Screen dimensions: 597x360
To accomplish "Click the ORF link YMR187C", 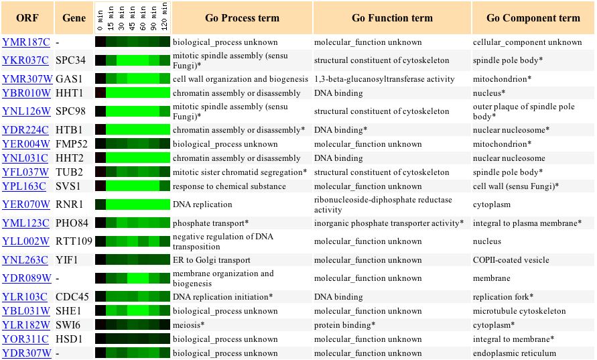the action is click(26, 42).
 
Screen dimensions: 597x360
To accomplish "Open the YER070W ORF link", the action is click(26, 204).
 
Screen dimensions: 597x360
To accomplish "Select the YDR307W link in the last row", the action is click(27, 353).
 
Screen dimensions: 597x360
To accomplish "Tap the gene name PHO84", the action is click(72, 223).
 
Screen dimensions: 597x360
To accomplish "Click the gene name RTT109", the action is click(74, 241).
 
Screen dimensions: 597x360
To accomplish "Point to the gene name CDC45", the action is click(72, 297).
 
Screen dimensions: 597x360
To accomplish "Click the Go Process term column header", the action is click(242, 18).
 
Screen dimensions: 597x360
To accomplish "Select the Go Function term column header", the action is click(392, 18).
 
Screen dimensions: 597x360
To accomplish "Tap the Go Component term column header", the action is click(533, 18).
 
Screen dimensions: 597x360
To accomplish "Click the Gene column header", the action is click(74, 18).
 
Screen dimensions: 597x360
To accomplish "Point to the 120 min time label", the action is click(164, 16).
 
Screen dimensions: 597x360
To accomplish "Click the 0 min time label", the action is click(100, 21).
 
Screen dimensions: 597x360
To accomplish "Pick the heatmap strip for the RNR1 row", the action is click(133, 204).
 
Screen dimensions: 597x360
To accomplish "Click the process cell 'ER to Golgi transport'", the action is click(212, 260).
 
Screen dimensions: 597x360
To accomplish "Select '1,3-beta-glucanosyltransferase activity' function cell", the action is click(384, 79).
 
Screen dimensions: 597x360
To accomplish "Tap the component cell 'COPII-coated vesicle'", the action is click(511, 260).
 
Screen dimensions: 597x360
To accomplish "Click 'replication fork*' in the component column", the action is click(503, 297).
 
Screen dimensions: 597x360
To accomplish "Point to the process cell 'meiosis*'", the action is click(188, 325).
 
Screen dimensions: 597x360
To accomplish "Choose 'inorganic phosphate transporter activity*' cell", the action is click(389, 223).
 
